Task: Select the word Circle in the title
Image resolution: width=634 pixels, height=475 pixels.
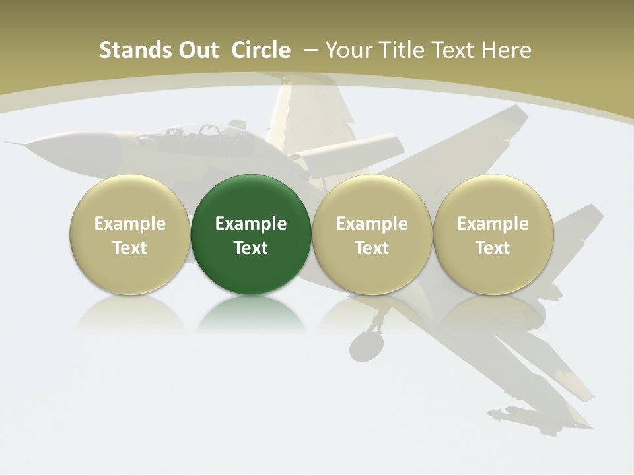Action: pyautogui.click(x=261, y=50)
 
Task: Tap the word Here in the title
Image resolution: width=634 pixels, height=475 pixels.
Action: pyautogui.click(x=507, y=50)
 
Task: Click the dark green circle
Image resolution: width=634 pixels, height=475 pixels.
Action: pyautogui.click(x=251, y=234)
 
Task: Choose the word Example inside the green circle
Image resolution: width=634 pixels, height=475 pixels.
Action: pyautogui.click(x=251, y=224)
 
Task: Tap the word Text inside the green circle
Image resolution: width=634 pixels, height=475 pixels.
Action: pyautogui.click(x=251, y=248)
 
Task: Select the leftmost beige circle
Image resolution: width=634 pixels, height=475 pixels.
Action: pyautogui.click(x=129, y=234)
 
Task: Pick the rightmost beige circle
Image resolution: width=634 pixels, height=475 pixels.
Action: pyautogui.click(x=493, y=234)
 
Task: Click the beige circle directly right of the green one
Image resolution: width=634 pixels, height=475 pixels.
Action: pyautogui.click(x=372, y=234)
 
